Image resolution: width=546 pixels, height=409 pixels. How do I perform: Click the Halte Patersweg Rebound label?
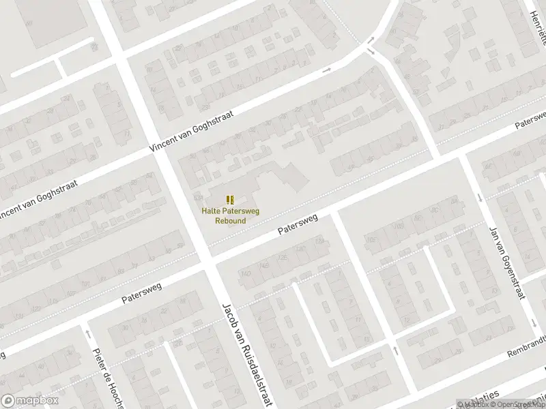coord(230,215)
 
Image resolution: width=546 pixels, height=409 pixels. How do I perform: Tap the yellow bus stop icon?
coord(231,199)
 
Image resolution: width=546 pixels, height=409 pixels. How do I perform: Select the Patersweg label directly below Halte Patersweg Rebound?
coord(298,228)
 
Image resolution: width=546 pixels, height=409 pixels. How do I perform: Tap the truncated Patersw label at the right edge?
coord(530,121)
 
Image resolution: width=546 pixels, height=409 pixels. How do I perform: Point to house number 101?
coord(86,283)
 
